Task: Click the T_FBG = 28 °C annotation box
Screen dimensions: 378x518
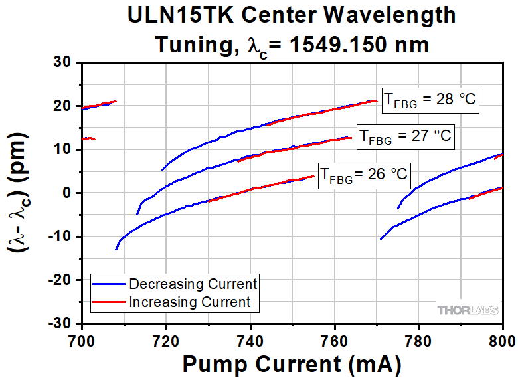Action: click(430, 99)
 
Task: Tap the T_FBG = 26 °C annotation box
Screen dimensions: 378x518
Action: click(365, 176)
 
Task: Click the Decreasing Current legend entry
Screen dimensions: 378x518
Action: click(193, 284)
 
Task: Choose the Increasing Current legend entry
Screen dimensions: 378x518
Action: click(190, 302)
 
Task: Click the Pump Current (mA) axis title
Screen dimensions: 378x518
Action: click(292, 364)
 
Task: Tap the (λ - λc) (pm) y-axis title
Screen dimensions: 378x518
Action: click(19, 193)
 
